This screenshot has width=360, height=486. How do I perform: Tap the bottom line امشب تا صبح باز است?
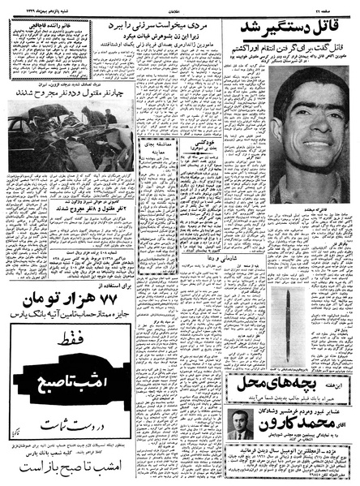(x=61, y=471)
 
